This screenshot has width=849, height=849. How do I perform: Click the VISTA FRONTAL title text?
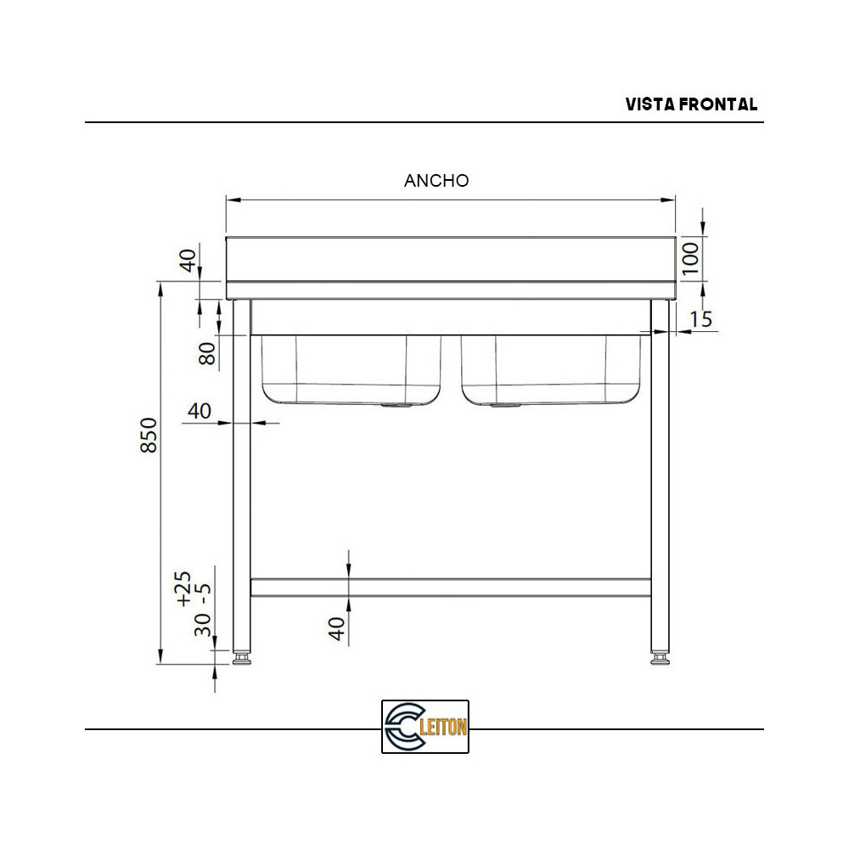pyautogui.click(x=691, y=104)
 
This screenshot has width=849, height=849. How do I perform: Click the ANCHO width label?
pyautogui.click(x=436, y=180)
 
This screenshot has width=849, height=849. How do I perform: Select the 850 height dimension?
pyautogui.click(x=149, y=436)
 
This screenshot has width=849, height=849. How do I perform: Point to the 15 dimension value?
pyautogui.click(x=700, y=319)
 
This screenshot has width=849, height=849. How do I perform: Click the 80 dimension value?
pyautogui.click(x=207, y=352)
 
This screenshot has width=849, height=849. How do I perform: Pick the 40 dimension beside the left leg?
pyautogui.click(x=199, y=411)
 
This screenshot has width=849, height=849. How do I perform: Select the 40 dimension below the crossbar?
pyautogui.click(x=337, y=628)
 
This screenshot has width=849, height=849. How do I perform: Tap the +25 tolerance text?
pyautogui.click(x=183, y=588)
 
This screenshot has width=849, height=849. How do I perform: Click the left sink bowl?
pyautogui.click(x=350, y=369)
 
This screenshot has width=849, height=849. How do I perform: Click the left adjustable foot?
pyautogui.click(x=242, y=657)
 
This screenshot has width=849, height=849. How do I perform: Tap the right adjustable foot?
pyautogui.click(x=660, y=657)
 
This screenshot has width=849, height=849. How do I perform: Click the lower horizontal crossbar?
pyautogui.click(x=450, y=587)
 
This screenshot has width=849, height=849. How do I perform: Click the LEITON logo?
pyautogui.click(x=424, y=727)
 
